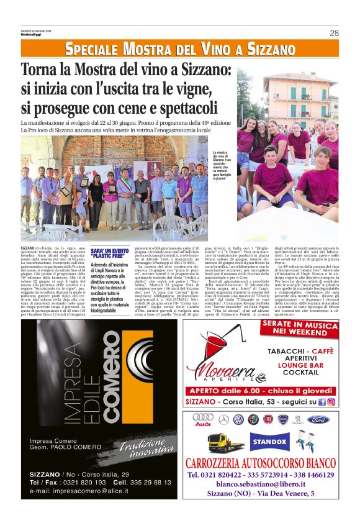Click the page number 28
[x=334, y=33]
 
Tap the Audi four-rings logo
[x=203, y=419]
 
